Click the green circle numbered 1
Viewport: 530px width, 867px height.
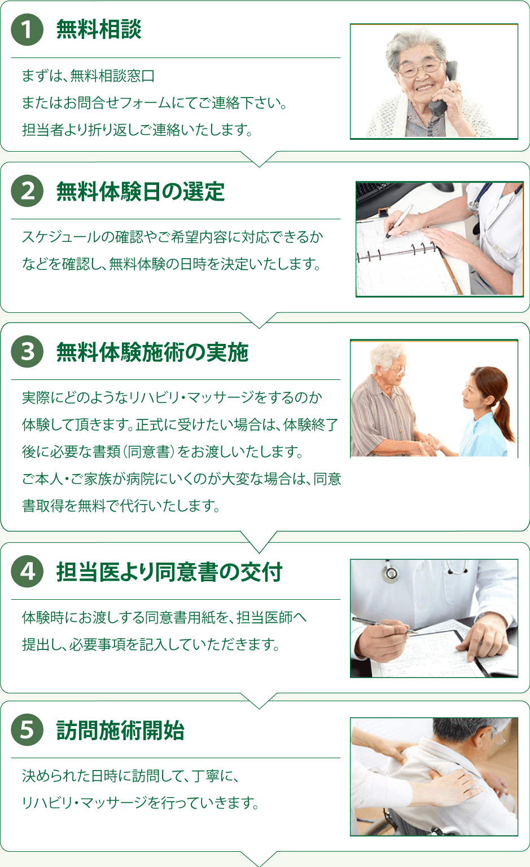coord(27,30)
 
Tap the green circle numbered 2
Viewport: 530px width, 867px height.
coord(27,191)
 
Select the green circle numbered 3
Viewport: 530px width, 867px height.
coord(27,352)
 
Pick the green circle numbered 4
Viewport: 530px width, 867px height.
coord(27,571)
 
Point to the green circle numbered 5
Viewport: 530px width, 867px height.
coord(27,729)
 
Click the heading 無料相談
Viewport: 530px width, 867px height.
coord(99,30)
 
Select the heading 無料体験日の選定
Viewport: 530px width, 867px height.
coord(140,192)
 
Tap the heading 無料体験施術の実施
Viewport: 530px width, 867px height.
coord(152,352)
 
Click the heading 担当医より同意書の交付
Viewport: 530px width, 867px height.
coord(169,572)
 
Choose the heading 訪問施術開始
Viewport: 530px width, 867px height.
coord(120,731)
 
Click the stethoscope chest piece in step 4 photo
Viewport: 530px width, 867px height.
coord(390,574)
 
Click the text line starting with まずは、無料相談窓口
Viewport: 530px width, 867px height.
coord(88,76)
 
